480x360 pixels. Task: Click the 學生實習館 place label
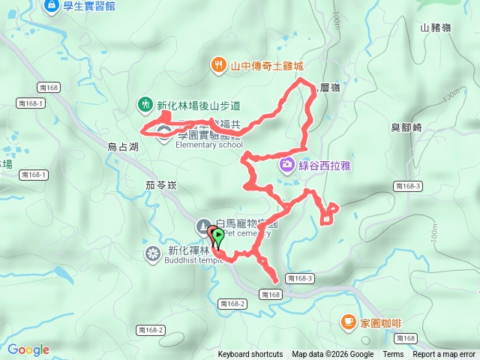click(88, 7)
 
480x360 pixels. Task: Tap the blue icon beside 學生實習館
click(51, 6)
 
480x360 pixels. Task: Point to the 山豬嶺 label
click(436, 28)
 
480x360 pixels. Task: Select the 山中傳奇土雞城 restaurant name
click(267, 65)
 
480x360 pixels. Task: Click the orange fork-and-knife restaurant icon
click(218, 64)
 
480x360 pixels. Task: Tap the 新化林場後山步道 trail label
click(198, 105)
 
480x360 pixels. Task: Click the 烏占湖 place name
click(123, 148)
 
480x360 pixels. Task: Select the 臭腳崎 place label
click(406, 127)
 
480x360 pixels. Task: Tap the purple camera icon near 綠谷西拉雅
click(287, 164)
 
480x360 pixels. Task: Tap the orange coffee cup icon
click(348, 322)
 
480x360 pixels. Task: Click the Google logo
click(28, 349)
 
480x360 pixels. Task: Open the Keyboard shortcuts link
click(250, 355)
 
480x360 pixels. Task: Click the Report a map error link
click(444, 355)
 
